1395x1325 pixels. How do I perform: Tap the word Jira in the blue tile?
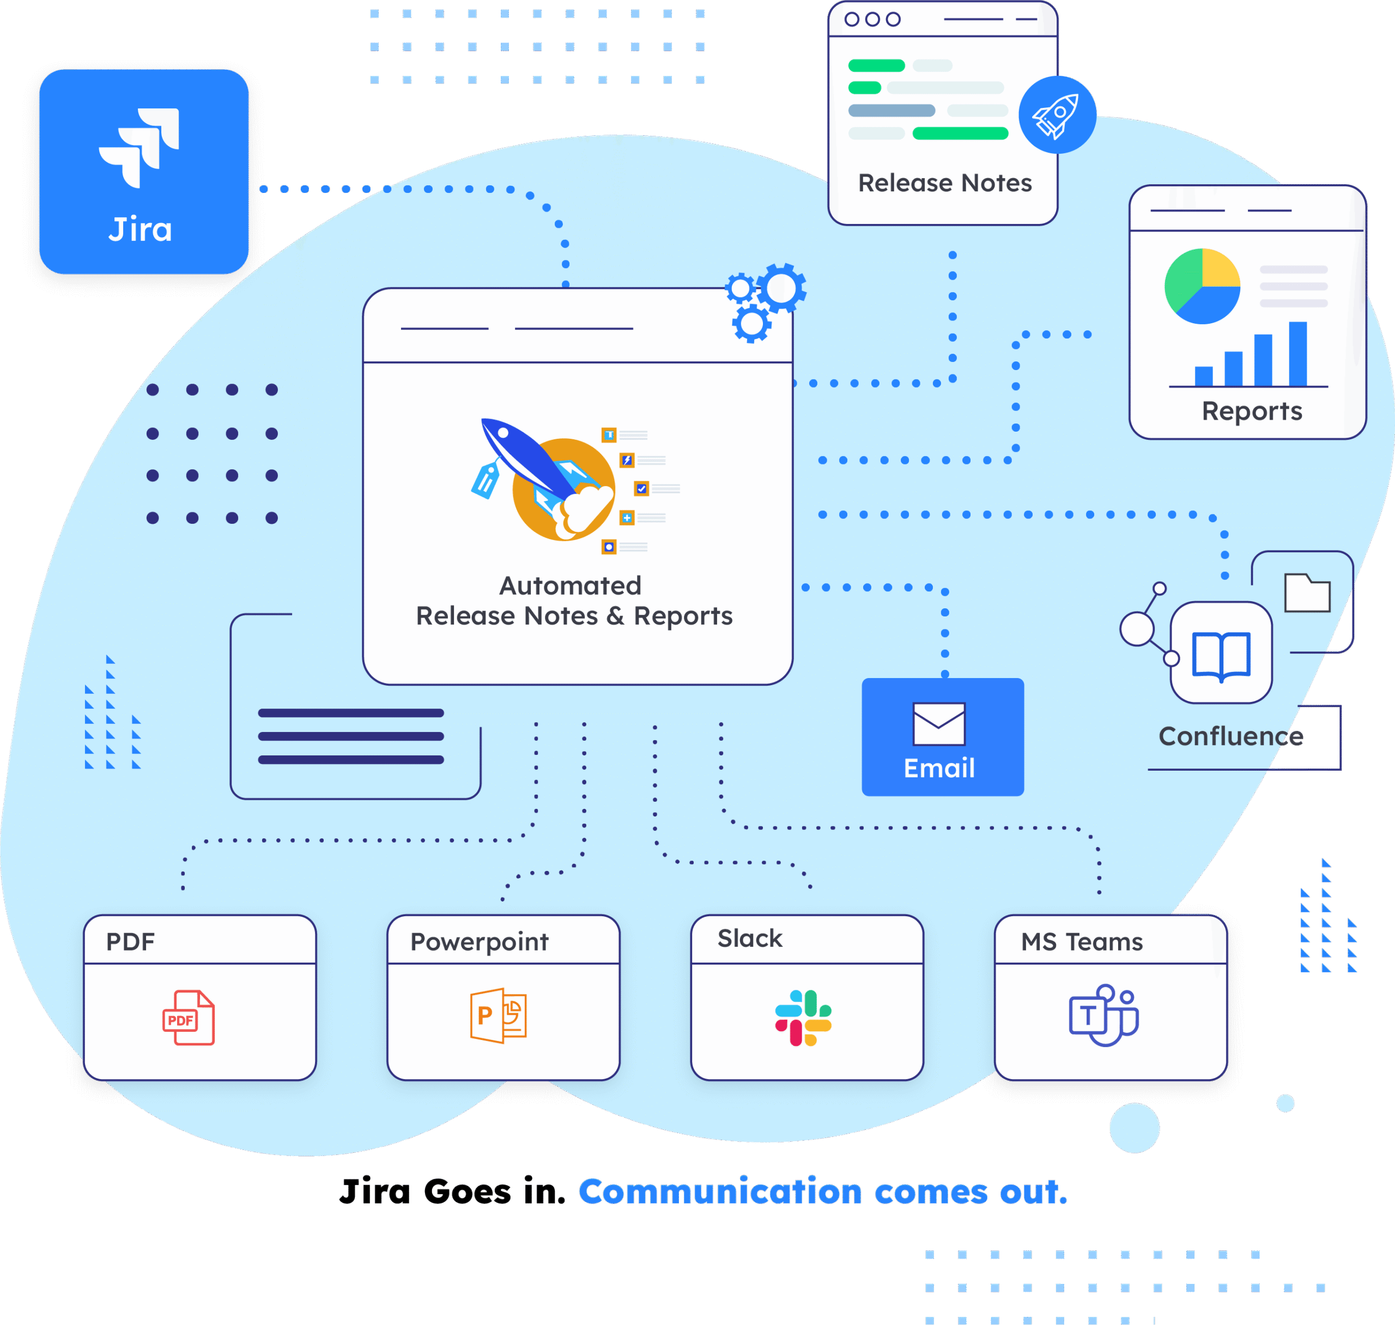(x=141, y=229)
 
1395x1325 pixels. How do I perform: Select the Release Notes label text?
(x=944, y=183)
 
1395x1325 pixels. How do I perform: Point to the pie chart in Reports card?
(x=1202, y=286)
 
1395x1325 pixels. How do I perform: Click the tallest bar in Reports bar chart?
(x=1297, y=354)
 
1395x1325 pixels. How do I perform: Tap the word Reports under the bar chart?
(x=1252, y=411)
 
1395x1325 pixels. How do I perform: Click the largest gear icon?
(x=781, y=288)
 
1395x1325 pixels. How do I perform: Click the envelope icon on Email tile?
(x=939, y=724)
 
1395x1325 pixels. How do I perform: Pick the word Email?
(x=939, y=768)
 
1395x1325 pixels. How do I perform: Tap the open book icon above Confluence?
(x=1221, y=656)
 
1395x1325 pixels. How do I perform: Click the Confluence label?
(x=1230, y=736)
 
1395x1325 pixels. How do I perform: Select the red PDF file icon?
(x=189, y=1018)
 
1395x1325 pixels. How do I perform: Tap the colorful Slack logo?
(x=803, y=1018)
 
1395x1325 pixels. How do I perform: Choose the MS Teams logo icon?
(x=1103, y=1015)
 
